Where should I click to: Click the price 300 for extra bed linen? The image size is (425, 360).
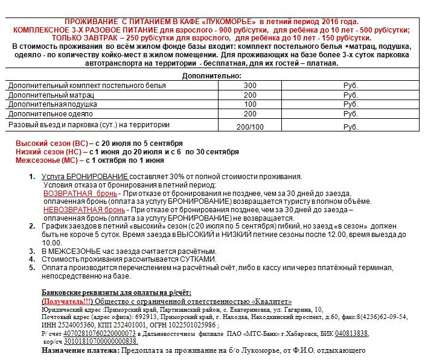(250, 86)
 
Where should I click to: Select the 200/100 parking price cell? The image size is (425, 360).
(250, 127)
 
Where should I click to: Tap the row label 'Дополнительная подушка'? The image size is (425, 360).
(46, 104)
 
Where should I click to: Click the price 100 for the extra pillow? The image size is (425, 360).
(250, 104)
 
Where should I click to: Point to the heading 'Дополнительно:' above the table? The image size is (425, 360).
(212, 76)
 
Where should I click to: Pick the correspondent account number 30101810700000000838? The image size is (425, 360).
(97, 341)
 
